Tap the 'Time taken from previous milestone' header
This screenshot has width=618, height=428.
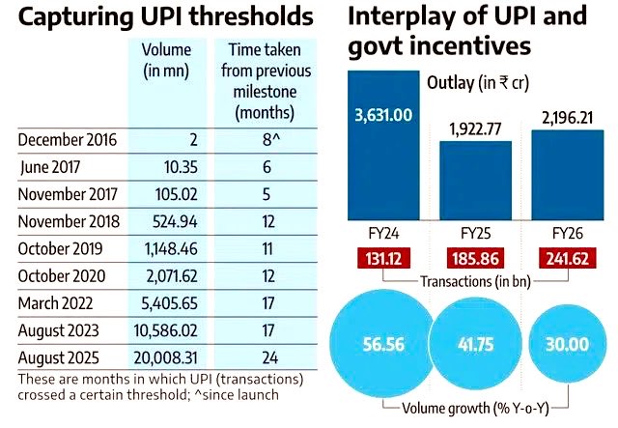[261, 80]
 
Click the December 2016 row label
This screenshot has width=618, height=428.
[67, 140]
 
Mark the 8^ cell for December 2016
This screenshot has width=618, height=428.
[261, 140]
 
